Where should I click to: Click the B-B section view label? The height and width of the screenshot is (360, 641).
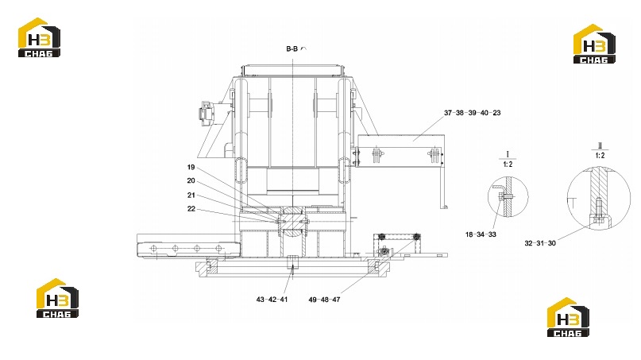pyautogui.click(x=292, y=48)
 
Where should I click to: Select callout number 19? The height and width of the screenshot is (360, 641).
pyautogui.click(x=191, y=167)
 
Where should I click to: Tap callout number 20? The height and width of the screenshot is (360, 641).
pyautogui.click(x=191, y=180)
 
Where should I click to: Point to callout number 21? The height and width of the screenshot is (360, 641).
pyautogui.click(x=191, y=195)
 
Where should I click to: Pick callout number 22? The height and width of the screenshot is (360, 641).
pyautogui.click(x=191, y=209)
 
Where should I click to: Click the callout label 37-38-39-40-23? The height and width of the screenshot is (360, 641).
pyautogui.click(x=472, y=113)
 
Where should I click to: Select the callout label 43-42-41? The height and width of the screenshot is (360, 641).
pyautogui.click(x=272, y=300)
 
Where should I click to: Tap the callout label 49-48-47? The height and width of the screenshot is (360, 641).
pyautogui.click(x=324, y=300)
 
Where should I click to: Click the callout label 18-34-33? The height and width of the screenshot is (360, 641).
pyautogui.click(x=481, y=234)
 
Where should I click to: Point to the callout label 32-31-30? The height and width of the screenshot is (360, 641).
pyautogui.click(x=540, y=243)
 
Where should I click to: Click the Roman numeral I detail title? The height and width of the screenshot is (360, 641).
pyautogui.click(x=508, y=155)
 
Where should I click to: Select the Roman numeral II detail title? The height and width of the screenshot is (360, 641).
pyautogui.click(x=600, y=146)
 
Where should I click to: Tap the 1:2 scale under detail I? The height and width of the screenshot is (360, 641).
pyautogui.click(x=508, y=164)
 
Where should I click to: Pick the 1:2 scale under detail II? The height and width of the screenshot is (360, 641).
pyautogui.click(x=600, y=156)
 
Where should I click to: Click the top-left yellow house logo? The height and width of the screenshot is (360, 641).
pyautogui.click(x=39, y=37)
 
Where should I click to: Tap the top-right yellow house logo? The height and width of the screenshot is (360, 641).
pyautogui.click(x=594, y=44)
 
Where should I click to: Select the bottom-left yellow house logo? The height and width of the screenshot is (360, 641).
pyautogui.click(x=57, y=298)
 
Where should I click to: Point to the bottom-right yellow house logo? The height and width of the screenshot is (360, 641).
pyautogui.click(x=568, y=317)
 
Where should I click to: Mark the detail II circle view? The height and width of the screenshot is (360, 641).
pyautogui.click(x=567, y=199)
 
